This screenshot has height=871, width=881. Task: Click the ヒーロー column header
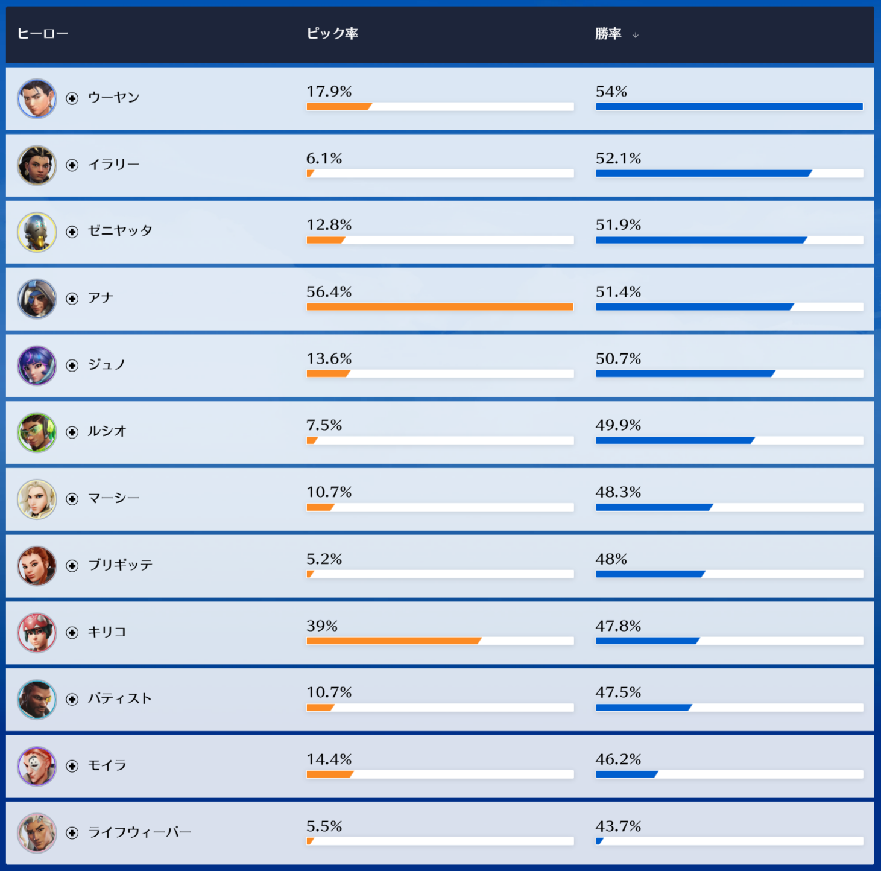click(x=42, y=34)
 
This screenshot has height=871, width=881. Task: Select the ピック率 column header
click(x=332, y=34)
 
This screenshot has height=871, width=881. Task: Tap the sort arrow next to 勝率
click(x=636, y=35)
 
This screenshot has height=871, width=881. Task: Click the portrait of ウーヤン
click(x=37, y=98)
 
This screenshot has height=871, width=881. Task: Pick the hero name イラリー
click(x=113, y=165)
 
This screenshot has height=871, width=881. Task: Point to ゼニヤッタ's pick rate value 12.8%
click(x=329, y=225)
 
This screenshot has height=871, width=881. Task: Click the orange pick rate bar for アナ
click(x=440, y=307)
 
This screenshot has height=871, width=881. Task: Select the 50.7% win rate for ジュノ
click(x=618, y=359)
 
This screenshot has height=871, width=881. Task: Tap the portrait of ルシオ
click(x=37, y=432)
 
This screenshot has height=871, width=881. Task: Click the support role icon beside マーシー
click(x=72, y=499)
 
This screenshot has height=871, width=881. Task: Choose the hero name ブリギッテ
click(x=120, y=565)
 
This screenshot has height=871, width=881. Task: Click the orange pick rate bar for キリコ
click(x=393, y=641)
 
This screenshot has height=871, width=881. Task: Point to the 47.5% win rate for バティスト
click(x=618, y=692)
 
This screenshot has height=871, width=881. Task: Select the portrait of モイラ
click(x=37, y=766)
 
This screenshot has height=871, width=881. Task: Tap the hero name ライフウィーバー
click(x=139, y=832)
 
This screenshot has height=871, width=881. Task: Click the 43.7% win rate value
click(x=618, y=826)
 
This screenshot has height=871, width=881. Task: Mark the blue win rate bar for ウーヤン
click(x=729, y=107)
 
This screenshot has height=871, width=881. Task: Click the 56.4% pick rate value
click(x=329, y=292)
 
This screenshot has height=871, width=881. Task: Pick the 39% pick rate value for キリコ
click(x=322, y=626)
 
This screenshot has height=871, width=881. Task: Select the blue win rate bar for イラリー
click(x=703, y=174)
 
